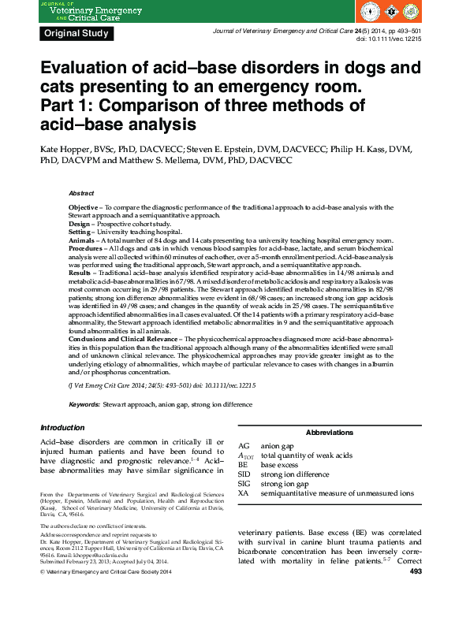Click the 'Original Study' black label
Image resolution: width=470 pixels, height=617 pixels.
[x=76, y=33]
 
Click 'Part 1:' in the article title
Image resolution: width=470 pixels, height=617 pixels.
[x=70, y=106]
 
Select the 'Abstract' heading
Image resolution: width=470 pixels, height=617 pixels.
[x=81, y=193]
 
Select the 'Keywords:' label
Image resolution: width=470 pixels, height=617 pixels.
[x=84, y=404]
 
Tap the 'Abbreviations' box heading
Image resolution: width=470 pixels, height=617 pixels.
[x=329, y=433]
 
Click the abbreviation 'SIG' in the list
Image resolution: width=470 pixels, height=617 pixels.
[x=244, y=484]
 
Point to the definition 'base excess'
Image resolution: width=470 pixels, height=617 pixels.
[x=279, y=465]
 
